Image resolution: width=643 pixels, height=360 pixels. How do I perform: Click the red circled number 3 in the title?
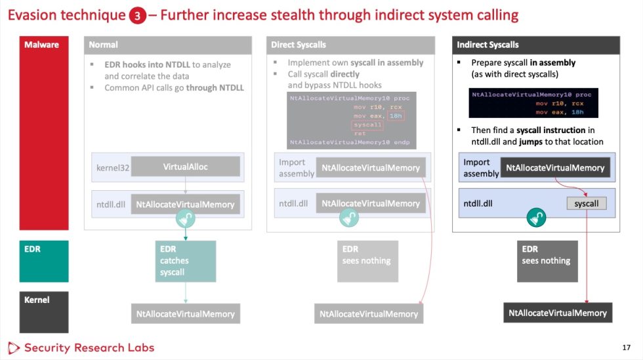138,16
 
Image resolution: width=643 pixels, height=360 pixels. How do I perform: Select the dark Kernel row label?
42,311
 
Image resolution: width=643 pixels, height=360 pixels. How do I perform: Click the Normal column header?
167,45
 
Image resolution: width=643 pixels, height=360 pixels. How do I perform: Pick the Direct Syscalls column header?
350,45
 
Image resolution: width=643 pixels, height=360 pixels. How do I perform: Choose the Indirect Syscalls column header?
536,45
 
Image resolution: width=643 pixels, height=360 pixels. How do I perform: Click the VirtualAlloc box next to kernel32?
185,167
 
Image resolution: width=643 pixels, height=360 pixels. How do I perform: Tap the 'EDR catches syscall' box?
186,261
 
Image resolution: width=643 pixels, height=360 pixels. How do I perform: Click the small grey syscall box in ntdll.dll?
587,204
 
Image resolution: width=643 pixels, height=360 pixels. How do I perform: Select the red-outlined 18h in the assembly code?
396,115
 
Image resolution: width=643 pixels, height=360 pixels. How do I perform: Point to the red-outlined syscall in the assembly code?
367,125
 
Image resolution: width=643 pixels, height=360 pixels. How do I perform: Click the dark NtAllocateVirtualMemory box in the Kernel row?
558,313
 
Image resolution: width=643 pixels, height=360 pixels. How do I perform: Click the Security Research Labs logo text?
89,348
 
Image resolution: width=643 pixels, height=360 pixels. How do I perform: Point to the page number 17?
625,348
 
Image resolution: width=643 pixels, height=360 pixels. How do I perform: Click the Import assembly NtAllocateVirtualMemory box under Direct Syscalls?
370,168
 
